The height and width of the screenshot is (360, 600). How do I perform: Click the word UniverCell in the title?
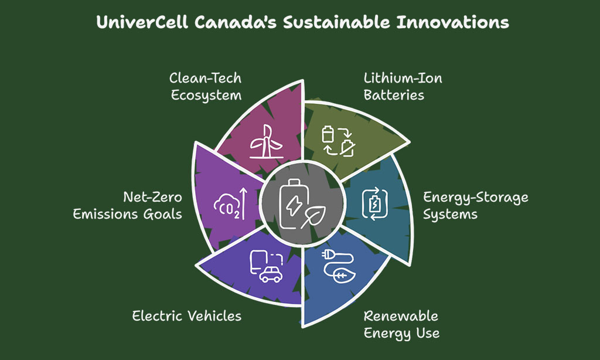point(142,22)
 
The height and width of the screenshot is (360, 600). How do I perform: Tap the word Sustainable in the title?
point(336,22)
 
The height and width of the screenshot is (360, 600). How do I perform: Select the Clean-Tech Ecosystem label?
point(206,87)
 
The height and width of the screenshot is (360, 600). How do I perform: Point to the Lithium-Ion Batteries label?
point(403,87)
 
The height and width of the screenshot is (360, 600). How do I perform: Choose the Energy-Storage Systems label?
point(476,206)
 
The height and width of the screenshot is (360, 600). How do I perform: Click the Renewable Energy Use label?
point(401,325)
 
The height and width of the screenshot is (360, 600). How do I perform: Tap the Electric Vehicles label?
point(187,316)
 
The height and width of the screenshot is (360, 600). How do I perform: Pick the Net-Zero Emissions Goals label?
point(127,206)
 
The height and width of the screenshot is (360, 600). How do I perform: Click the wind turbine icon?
point(267,142)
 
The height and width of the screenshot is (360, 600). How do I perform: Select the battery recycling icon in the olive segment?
point(338,141)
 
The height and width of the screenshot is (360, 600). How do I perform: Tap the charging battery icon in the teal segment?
point(375,203)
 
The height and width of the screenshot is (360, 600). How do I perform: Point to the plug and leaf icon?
point(339,266)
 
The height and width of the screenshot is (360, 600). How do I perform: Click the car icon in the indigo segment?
point(271,274)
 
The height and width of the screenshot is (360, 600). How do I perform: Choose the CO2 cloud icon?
point(227,206)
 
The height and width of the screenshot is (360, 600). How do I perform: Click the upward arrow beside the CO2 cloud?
point(243,203)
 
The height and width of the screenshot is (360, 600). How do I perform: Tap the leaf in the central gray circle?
point(313,217)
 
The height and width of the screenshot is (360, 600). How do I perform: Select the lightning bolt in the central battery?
point(294,205)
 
